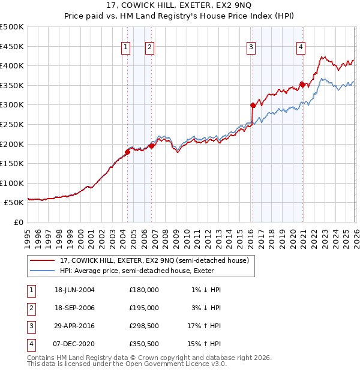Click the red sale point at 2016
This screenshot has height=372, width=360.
[253, 105]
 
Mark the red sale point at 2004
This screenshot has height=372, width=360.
[128, 152]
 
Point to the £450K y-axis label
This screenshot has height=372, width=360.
[12, 46]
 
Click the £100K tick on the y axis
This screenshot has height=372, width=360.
[12, 183]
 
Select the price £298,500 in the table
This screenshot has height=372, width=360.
[143, 326]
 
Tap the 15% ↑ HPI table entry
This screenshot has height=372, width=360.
[205, 344]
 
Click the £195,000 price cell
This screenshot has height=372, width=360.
[143, 308]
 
